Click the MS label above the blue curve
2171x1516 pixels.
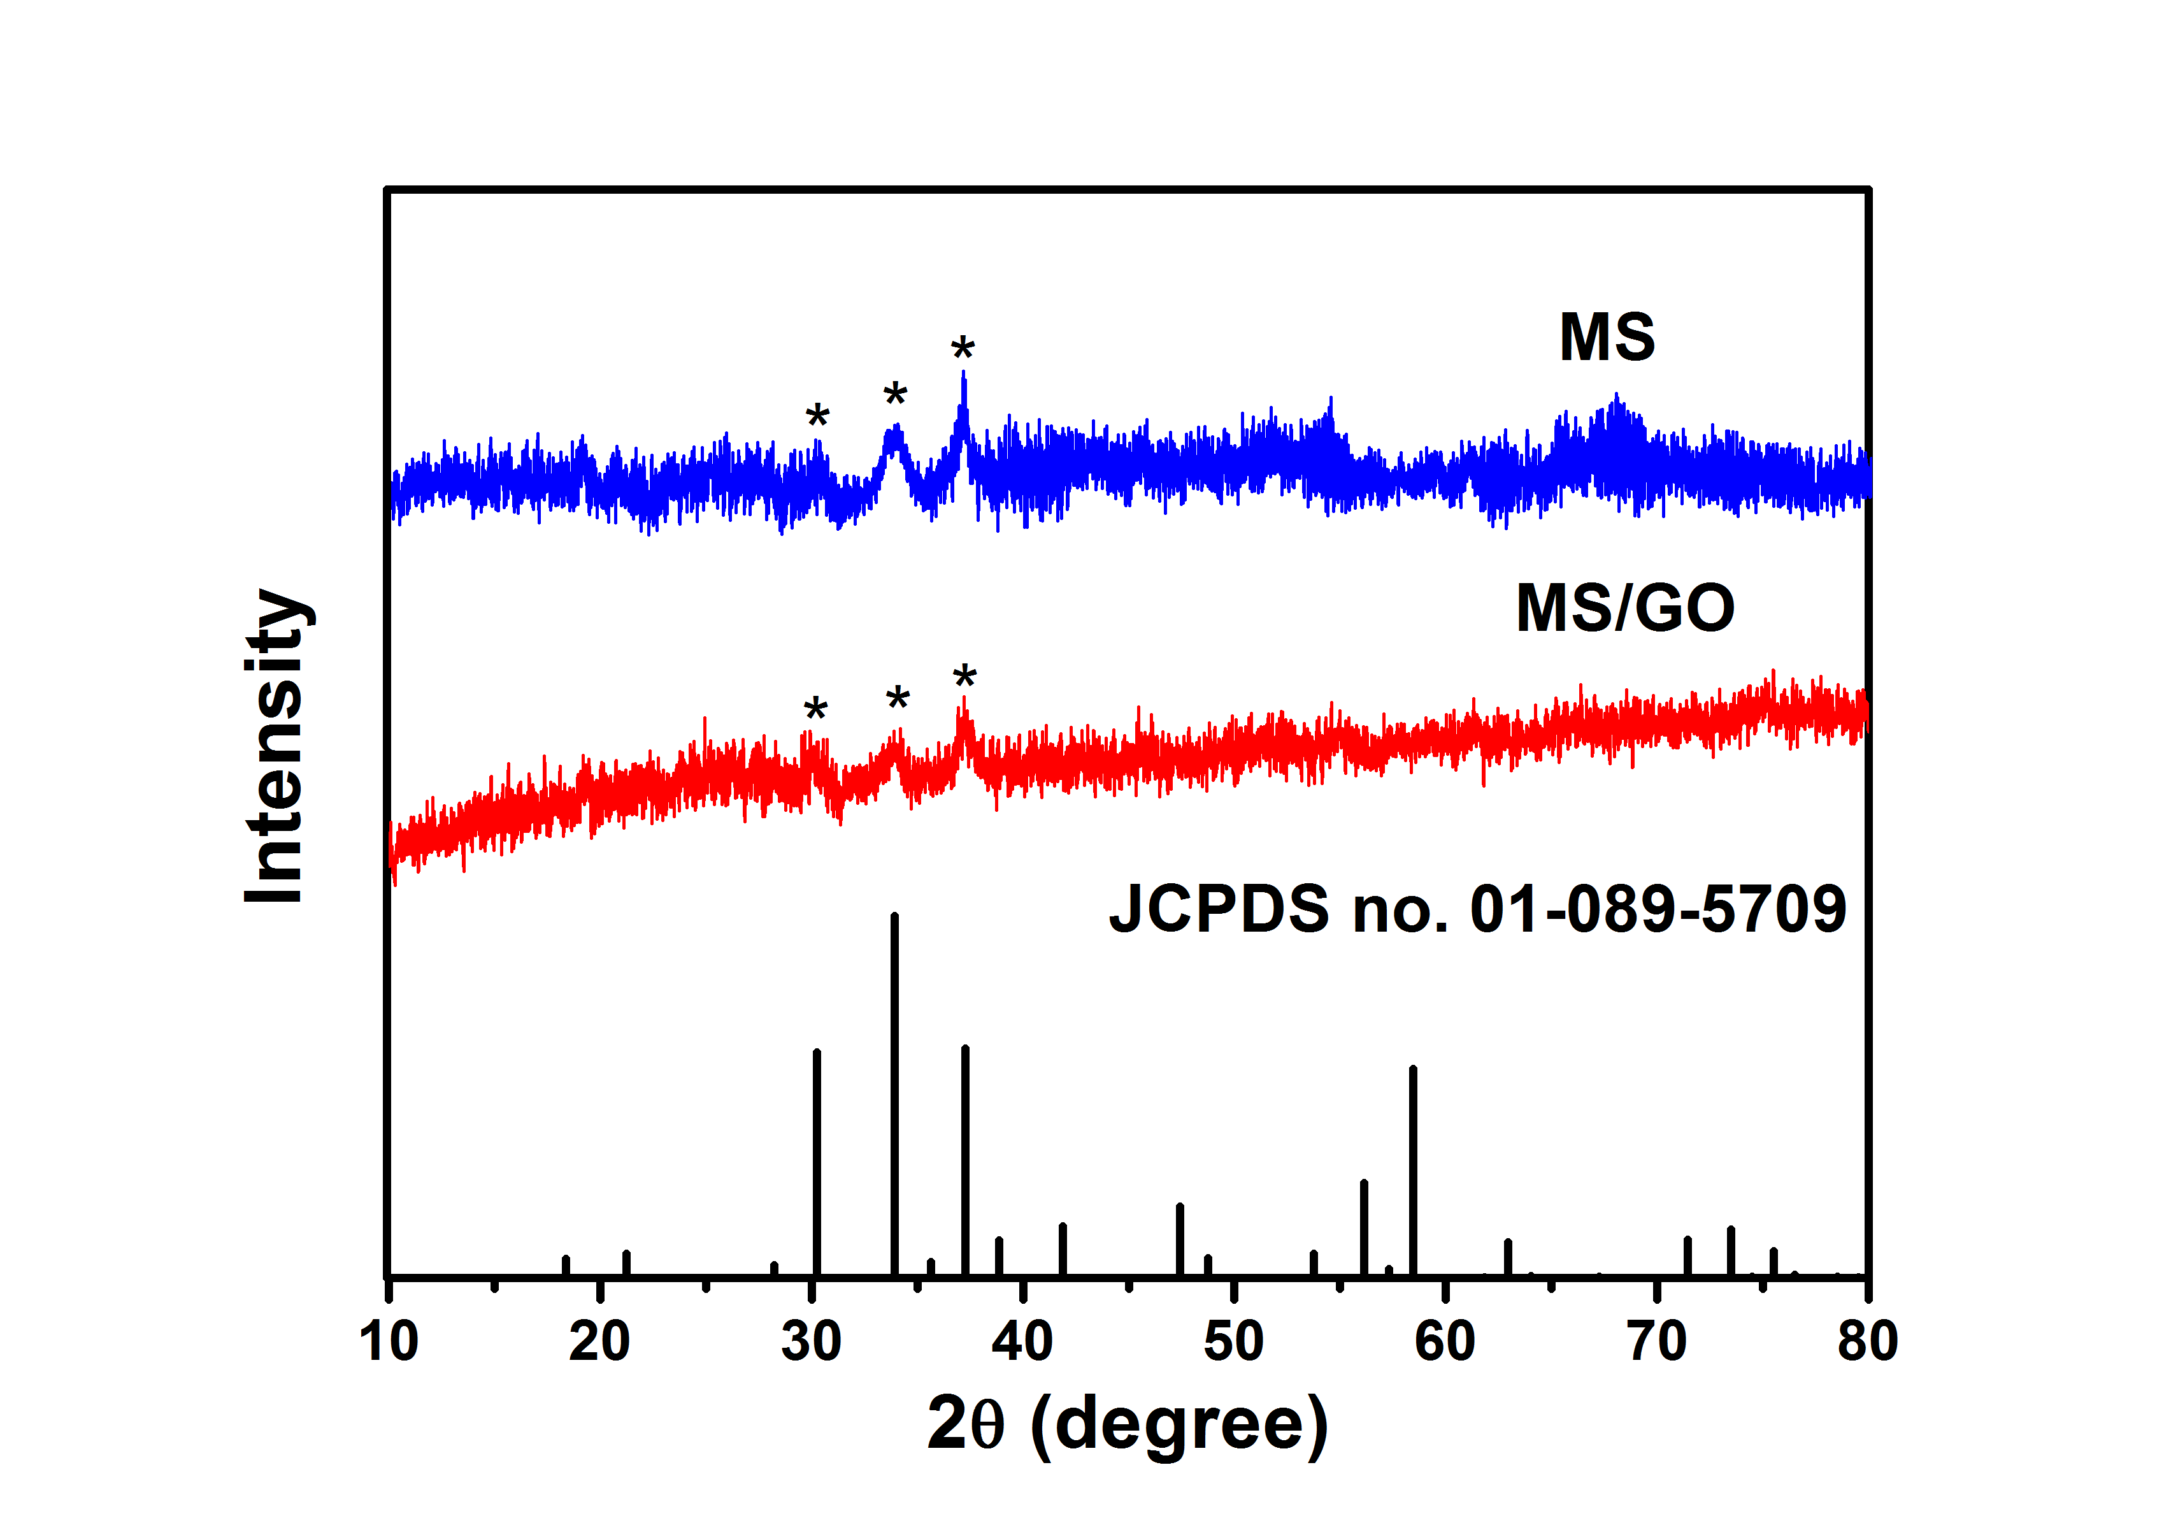(x=1607, y=338)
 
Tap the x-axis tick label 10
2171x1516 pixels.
(x=389, y=1341)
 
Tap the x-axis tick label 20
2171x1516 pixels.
(x=599, y=1341)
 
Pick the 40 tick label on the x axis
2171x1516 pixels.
(x=1022, y=1341)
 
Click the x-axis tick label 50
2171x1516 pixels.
(x=1234, y=1341)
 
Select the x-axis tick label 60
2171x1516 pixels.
(x=1445, y=1341)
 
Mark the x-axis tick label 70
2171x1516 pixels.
(x=1657, y=1341)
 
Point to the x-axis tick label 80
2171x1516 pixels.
(x=1868, y=1341)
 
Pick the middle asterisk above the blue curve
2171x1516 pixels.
(x=894, y=394)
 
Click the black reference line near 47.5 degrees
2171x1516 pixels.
(x=1180, y=1239)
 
